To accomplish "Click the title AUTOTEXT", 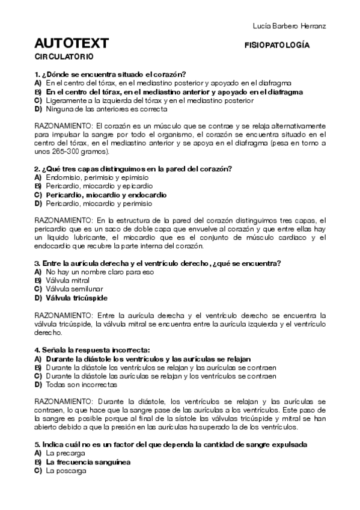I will [72, 43].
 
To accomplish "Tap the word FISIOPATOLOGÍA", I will [277, 45].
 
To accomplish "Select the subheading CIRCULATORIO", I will [64, 57].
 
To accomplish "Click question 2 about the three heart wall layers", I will [133, 168].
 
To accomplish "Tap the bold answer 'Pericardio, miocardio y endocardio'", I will [106, 195].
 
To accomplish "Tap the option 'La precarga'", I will [63, 453].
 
